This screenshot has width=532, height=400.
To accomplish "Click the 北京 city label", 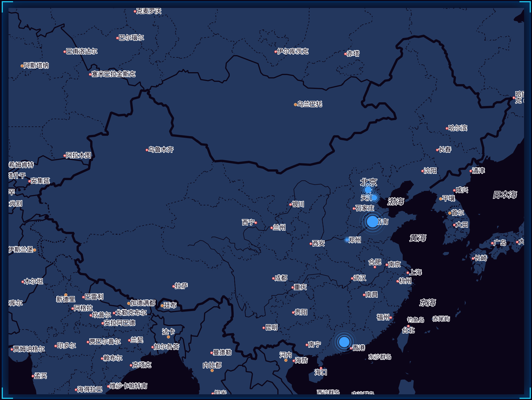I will [369, 182].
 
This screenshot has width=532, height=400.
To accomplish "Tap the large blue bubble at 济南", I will [372, 221].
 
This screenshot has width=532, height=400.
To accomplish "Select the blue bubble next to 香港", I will [344, 342].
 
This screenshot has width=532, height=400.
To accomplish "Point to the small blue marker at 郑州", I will [347, 240].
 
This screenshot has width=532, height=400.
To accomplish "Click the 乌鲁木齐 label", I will [161, 149].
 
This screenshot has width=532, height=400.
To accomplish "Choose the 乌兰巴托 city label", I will [310, 104].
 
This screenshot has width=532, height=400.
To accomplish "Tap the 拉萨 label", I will [181, 286].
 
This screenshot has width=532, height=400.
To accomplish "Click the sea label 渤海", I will [396, 201].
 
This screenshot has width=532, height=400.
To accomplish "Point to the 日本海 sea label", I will [505, 195].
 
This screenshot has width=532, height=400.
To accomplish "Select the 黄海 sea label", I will [418, 238].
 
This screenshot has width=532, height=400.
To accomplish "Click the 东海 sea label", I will [428, 303].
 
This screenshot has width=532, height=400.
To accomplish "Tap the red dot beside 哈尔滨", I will [447, 128].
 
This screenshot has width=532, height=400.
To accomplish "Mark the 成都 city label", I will [281, 278].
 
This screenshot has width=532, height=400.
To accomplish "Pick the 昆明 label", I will [272, 327].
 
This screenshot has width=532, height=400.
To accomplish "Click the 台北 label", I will [408, 330].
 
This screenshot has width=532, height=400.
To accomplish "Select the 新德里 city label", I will [66, 299].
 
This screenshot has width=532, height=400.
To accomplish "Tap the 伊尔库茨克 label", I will [293, 51].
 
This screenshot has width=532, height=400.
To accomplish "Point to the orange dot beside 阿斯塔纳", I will [22, 66].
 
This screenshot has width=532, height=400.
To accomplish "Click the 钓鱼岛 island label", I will [416, 320].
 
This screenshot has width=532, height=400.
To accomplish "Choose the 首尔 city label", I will [458, 213].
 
